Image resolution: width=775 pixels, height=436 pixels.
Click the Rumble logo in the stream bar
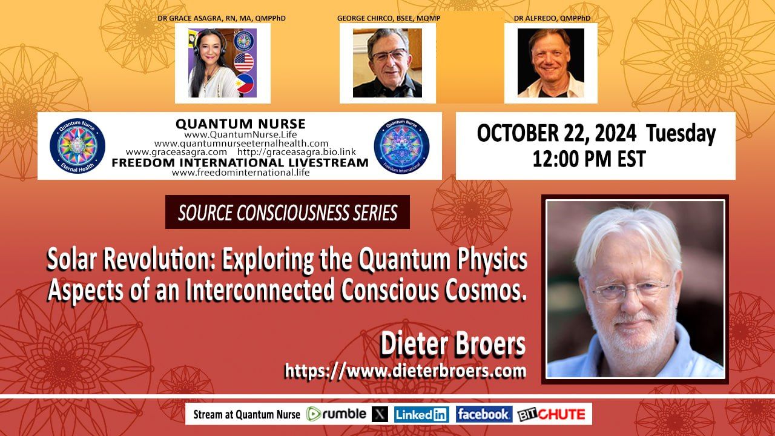click(x=336, y=414)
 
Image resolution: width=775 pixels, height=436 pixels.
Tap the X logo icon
click(x=380, y=414)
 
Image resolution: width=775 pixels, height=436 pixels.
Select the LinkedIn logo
click(x=421, y=415)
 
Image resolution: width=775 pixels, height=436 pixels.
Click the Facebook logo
click(x=484, y=414)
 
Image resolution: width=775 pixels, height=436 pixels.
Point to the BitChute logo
click(x=552, y=415)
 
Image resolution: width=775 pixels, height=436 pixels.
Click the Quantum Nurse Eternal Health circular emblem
click(x=77, y=146)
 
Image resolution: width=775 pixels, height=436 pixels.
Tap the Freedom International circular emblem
click(x=401, y=146)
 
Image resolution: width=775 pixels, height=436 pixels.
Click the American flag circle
click(x=243, y=62)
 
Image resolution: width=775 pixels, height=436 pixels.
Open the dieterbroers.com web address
click(x=405, y=371)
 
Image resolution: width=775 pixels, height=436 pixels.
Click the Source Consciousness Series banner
click(x=288, y=212)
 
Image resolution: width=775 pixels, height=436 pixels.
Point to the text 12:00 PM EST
click(x=589, y=159)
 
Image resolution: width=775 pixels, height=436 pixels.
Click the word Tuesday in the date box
click(x=681, y=134)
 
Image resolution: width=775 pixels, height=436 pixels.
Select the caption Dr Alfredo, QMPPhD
click(x=552, y=18)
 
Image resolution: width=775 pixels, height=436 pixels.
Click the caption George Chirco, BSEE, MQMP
click(x=389, y=18)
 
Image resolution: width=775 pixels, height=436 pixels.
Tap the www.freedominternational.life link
click(x=241, y=173)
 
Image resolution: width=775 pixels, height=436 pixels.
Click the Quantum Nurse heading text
click(x=240, y=124)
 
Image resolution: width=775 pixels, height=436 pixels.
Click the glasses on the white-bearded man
click(x=630, y=290)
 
